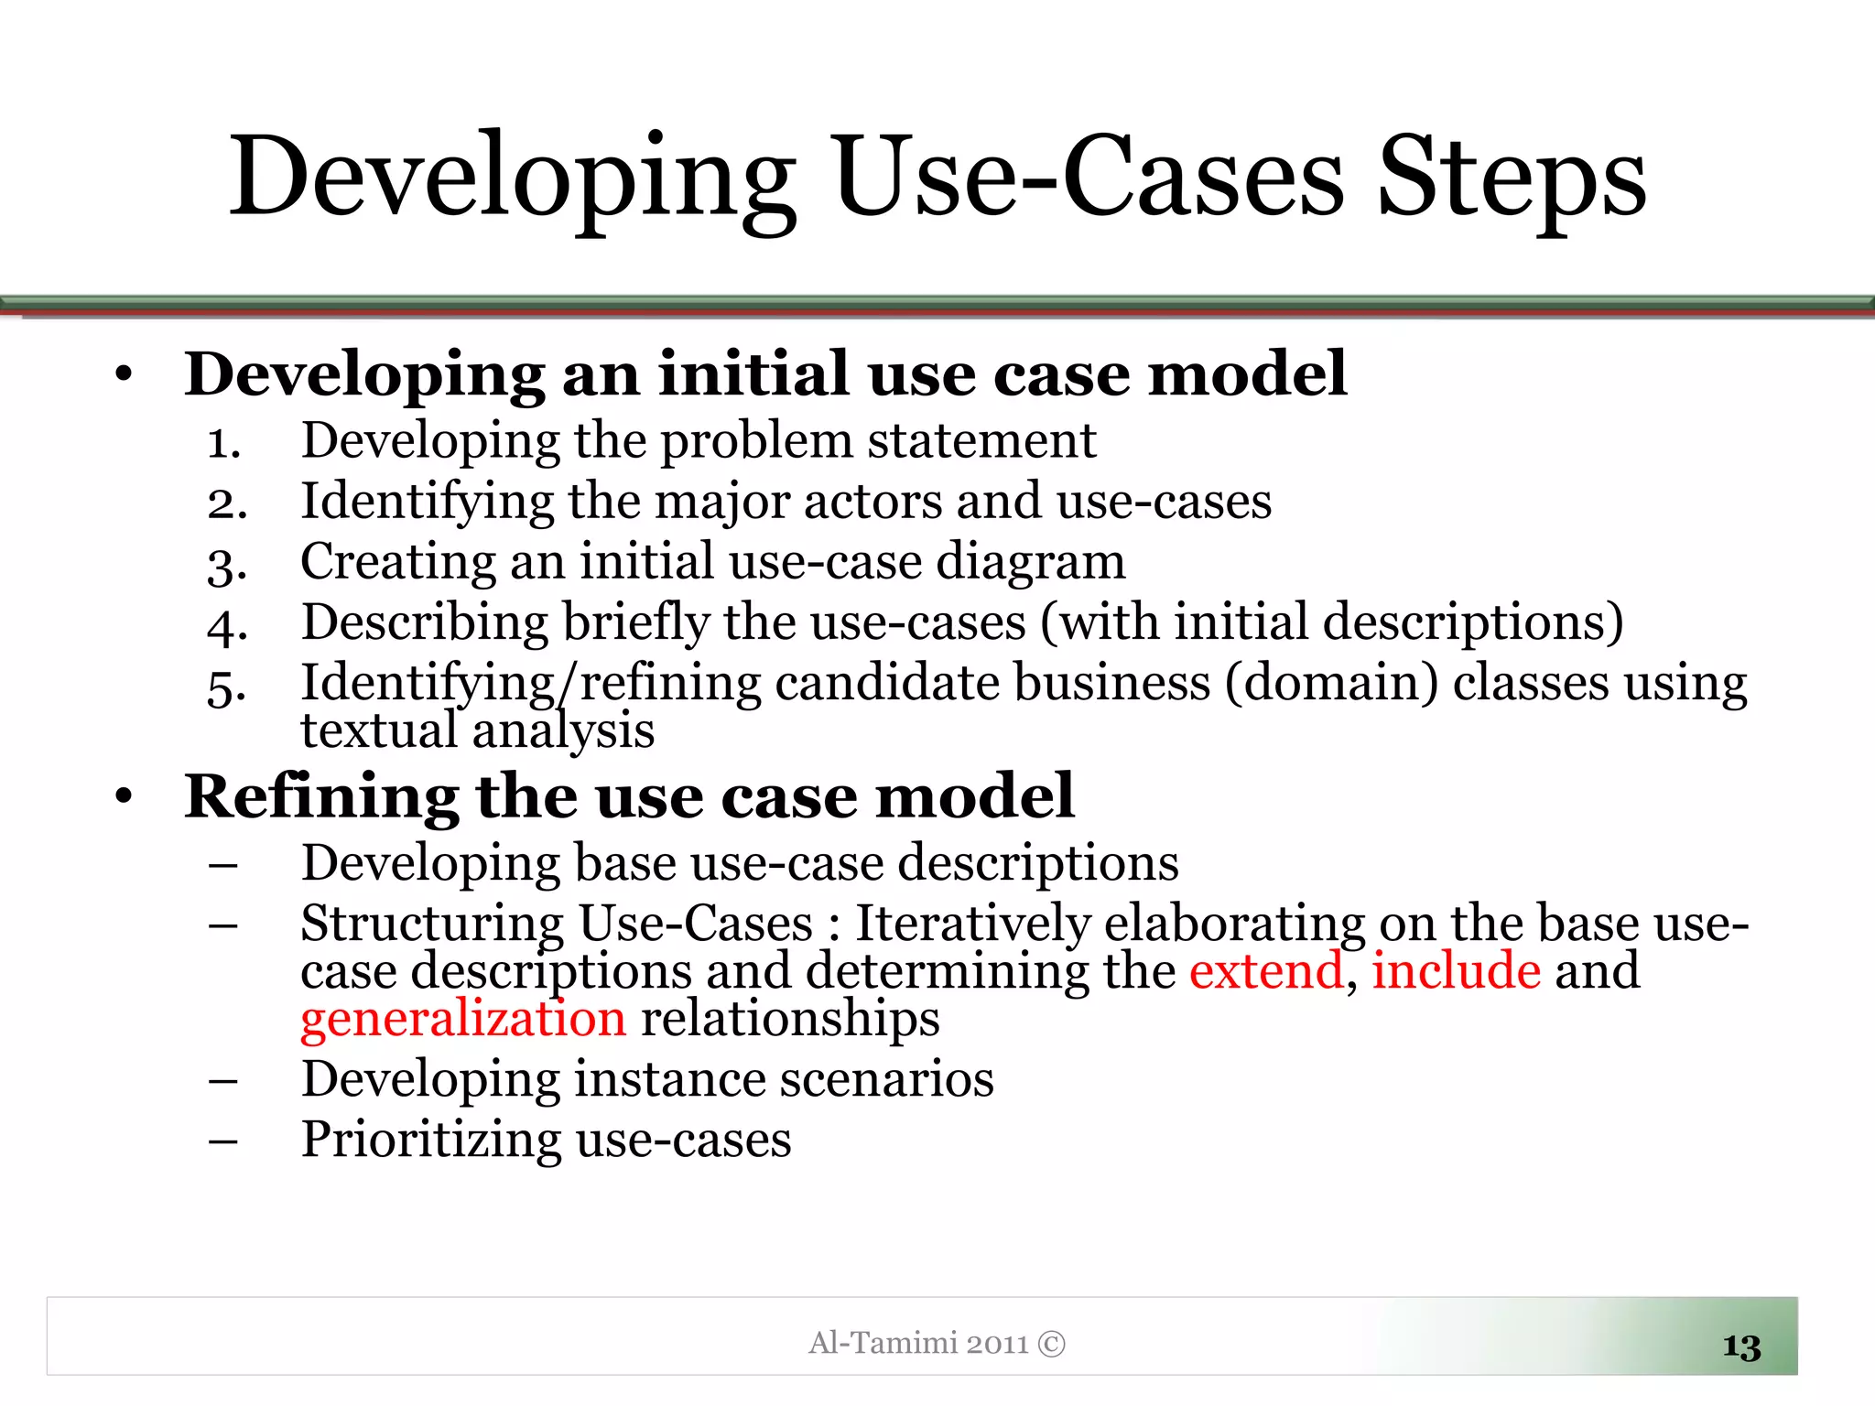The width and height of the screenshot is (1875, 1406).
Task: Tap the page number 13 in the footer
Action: (x=1741, y=1347)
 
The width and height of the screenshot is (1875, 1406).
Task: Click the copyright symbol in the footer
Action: (x=1052, y=1344)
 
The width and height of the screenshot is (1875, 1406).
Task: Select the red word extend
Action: (x=1265, y=971)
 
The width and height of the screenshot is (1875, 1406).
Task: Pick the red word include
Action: (x=1456, y=971)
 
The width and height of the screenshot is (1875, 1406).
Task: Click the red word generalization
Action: (x=463, y=1020)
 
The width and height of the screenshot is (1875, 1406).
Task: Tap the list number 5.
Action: (x=226, y=687)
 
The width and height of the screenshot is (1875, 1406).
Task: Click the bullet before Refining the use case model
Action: (x=125, y=796)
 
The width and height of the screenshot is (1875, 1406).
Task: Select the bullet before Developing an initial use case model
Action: (x=125, y=374)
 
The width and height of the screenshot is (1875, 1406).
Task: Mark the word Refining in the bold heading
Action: (x=321, y=796)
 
